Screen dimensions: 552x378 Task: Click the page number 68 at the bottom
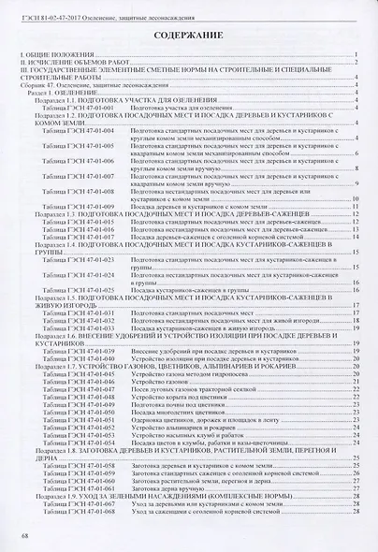point(24,536)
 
